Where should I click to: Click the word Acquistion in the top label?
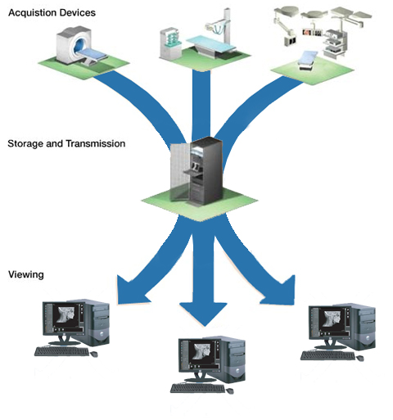[32, 13]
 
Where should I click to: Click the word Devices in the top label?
[77, 12]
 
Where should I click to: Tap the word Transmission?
[96, 143]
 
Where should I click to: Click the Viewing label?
[26, 274]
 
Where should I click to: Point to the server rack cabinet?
[197, 170]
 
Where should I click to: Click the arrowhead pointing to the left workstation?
[131, 291]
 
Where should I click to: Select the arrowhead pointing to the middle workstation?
[203, 314]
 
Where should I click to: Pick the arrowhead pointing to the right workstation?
[281, 292]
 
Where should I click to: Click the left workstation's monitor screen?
[64, 318]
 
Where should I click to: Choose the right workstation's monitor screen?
[330, 322]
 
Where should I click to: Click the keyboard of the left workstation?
[62, 351]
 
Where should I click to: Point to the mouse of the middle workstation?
[230, 391]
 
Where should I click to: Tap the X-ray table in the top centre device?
[211, 44]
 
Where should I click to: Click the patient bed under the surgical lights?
[308, 61]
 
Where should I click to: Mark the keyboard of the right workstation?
[328, 355]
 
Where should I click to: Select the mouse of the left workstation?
[93, 354]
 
